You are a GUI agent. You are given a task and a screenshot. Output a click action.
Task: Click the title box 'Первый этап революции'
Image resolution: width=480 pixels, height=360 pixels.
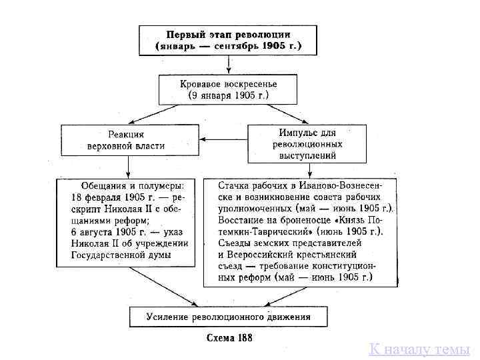(x=228, y=40)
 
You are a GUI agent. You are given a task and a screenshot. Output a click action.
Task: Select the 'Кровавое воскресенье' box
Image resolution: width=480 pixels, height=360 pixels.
(x=228, y=89)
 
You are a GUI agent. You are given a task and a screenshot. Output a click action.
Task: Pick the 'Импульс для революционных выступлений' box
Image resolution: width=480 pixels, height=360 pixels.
(x=307, y=143)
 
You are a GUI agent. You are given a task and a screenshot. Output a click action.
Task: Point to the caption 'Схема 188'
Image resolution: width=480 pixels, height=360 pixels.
(x=228, y=337)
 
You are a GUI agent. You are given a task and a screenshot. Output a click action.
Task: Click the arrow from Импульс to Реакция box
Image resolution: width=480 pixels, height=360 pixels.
(x=225, y=139)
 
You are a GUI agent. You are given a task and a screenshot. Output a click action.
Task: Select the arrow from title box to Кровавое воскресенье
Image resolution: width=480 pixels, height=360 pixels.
(x=228, y=65)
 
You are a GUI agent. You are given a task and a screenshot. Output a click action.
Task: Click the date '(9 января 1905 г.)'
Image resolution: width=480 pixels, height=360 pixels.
(x=228, y=95)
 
